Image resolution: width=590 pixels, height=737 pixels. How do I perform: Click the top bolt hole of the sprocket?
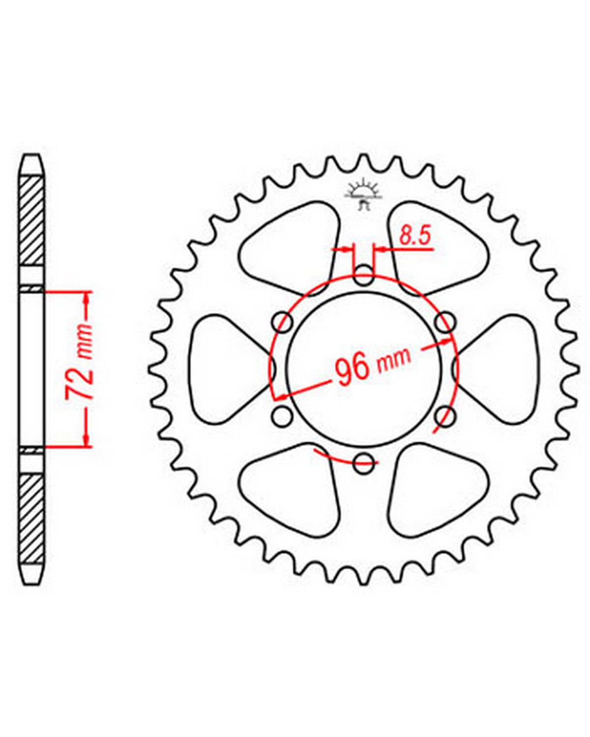click(363, 275)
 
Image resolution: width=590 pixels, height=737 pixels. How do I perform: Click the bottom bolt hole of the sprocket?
click(363, 463)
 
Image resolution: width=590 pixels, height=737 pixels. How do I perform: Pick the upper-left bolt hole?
click(283, 322)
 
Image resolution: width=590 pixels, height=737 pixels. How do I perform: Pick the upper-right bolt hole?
click(445, 322)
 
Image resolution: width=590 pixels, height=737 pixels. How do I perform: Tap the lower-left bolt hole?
click(283, 416)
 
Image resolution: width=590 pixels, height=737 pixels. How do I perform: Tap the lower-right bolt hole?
click(445, 416)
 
